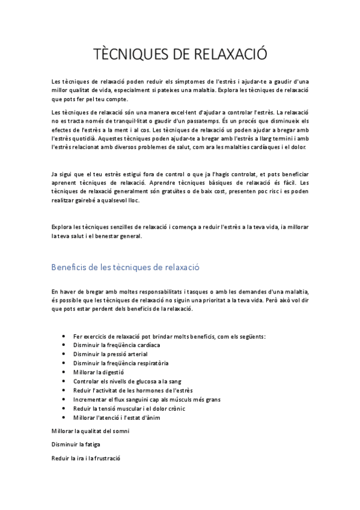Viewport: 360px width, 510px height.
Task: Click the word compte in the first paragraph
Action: (x=123, y=99)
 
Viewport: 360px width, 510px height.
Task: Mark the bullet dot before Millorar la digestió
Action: (x=64, y=372)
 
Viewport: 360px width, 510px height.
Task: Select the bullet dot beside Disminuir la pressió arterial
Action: (x=64, y=354)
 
